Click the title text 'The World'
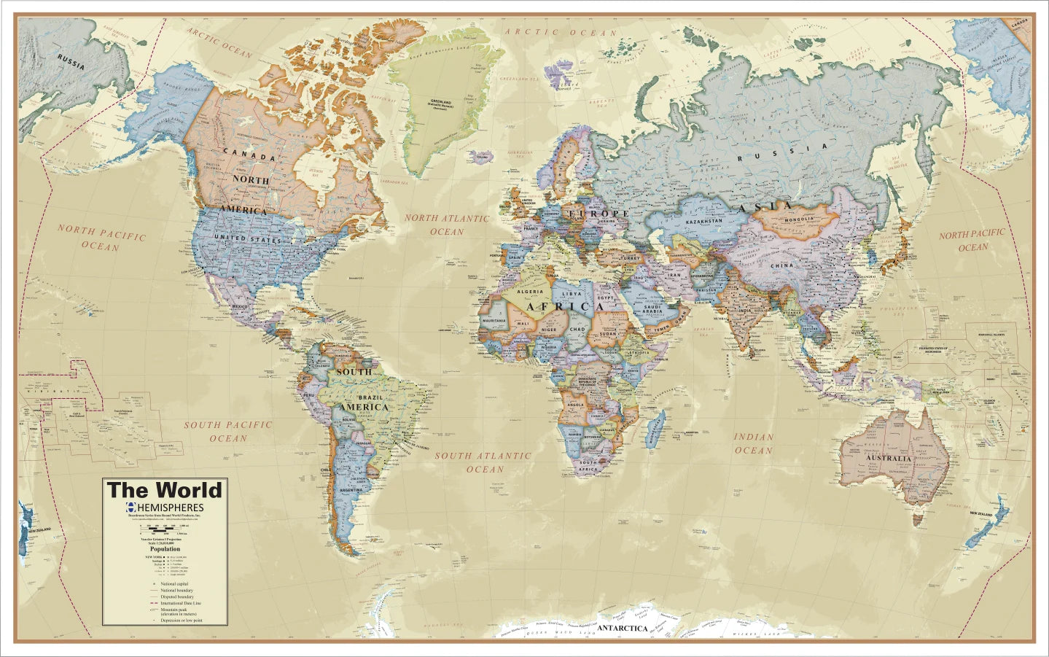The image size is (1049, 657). (164, 490)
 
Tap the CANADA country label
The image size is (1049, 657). (249, 155)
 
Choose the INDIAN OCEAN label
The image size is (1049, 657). (753, 443)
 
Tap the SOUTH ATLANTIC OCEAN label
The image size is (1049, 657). (483, 462)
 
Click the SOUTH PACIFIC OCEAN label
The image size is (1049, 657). (228, 431)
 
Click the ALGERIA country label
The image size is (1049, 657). (531, 291)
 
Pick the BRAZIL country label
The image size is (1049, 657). (386, 397)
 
